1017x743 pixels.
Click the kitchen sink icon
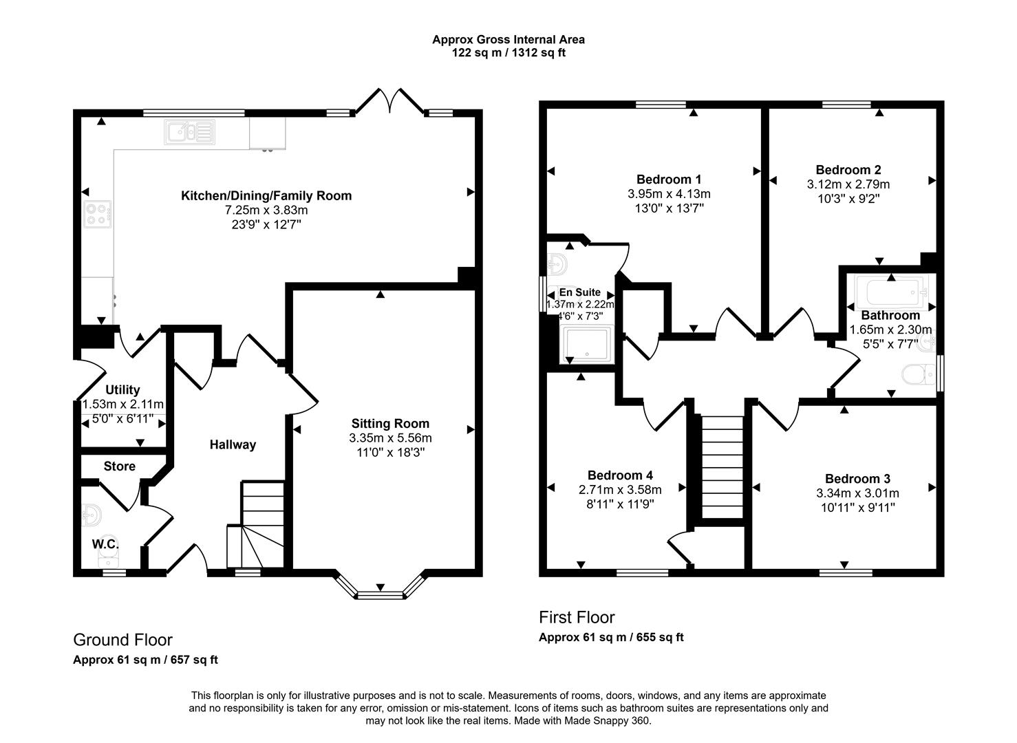pyautogui.click(x=189, y=132)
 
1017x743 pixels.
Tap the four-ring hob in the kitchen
pyautogui.click(x=97, y=214)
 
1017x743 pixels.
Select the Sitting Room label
pyautogui.click(x=390, y=424)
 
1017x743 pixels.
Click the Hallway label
pyautogui.click(x=233, y=444)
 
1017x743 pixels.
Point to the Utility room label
pyautogui.click(x=122, y=390)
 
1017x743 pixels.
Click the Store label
pyautogui.click(x=120, y=466)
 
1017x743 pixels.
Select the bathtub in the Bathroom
pyautogui.click(x=891, y=292)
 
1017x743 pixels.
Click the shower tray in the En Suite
pyautogui.click(x=587, y=345)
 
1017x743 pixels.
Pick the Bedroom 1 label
pyautogui.click(x=669, y=180)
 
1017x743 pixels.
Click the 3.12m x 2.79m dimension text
pyautogui.click(x=848, y=184)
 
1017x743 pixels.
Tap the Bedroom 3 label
pyautogui.click(x=857, y=479)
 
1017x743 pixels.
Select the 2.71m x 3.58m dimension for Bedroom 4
pyautogui.click(x=620, y=490)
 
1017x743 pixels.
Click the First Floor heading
pyautogui.click(x=577, y=618)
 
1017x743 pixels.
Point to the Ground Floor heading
pyautogui.click(x=122, y=640)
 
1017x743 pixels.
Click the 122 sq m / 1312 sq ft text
pyautogui.click(x=508, y=53)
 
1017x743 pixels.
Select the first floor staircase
pyautogui.click(x=722, y=467)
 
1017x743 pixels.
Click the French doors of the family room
pyautogui.click(x=390, y=100)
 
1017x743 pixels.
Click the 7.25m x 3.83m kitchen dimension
pyautogui.click(x=266, y=210)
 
